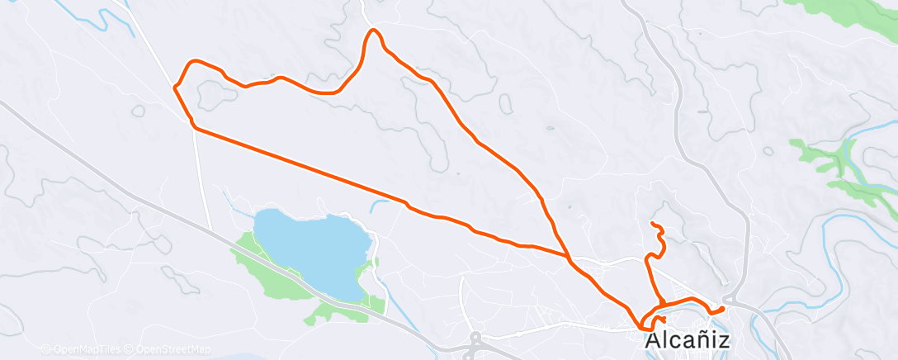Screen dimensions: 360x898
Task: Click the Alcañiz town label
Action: (687, 340)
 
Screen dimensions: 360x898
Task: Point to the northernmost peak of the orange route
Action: (374, 31)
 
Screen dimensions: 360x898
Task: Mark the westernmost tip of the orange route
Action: (175, 86)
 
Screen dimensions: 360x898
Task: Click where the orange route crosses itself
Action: (568, 256)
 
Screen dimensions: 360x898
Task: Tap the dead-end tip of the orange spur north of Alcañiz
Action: (652, 224)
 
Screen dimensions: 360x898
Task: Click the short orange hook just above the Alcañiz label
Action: (660, 319)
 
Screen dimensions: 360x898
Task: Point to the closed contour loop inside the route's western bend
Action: (216, 96)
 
